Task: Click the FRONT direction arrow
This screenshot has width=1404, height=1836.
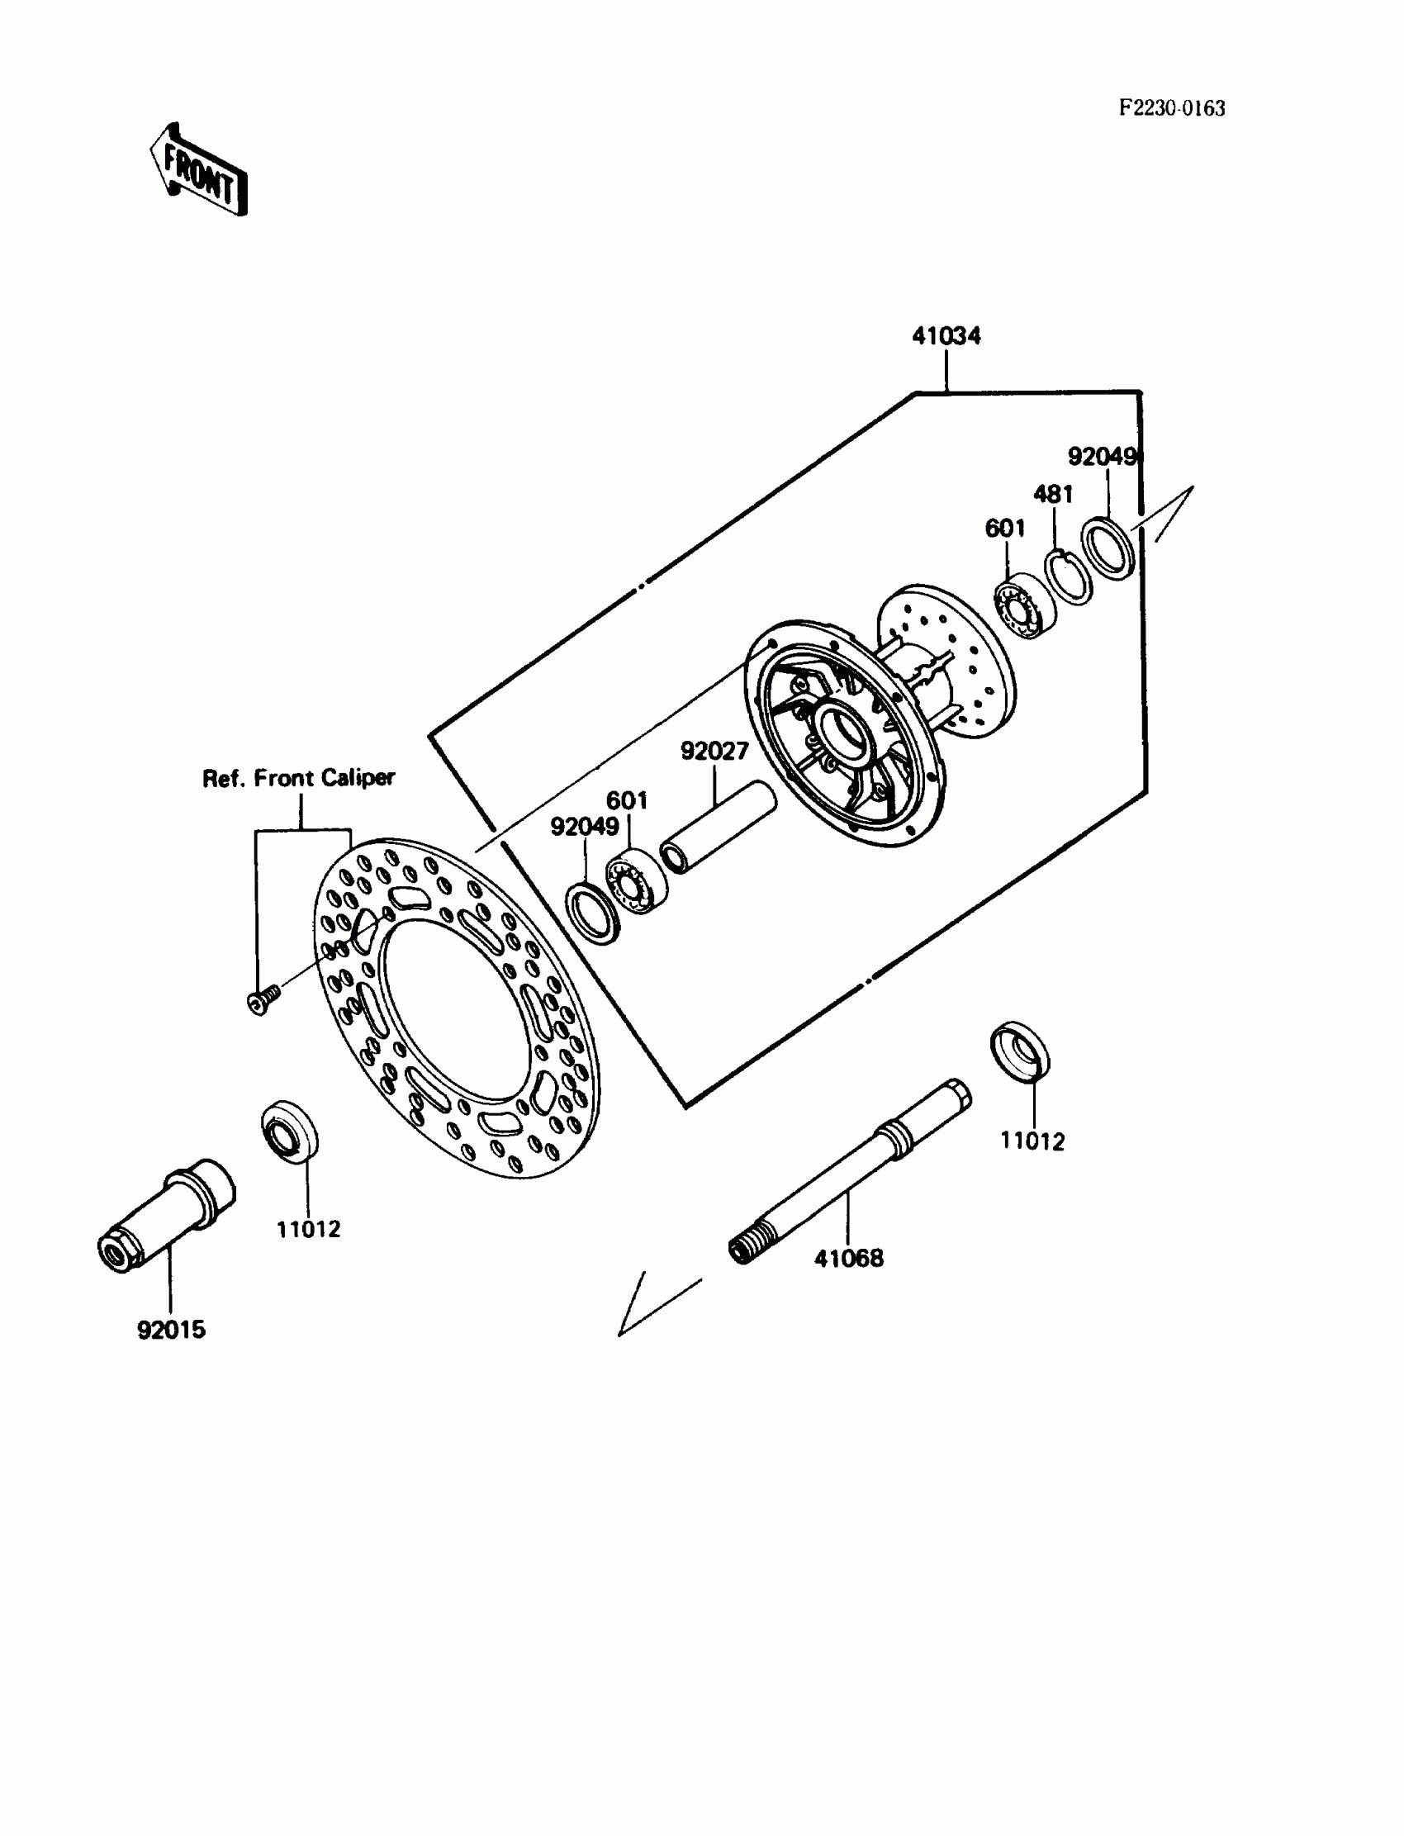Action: click(199, 170)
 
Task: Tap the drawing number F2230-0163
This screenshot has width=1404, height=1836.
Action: click(1172, 109)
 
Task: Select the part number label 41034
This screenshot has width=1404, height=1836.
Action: click(946, 336)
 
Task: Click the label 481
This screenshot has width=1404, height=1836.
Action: click(1053, 494)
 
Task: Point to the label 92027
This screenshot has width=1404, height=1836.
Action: click(714, 752)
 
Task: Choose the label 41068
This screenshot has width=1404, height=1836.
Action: click(848, 1258)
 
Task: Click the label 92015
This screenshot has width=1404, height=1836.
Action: click(171, 1330)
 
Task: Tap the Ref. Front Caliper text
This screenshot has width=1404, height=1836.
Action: click(298, 778)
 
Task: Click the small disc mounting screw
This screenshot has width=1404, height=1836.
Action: click(263, 999)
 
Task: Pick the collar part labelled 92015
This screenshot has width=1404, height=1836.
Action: click(167, 1216)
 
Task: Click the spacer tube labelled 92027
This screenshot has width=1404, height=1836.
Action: click(717, 828)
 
